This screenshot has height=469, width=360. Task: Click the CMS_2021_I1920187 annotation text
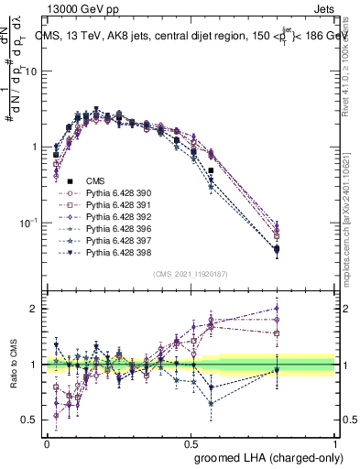pos(191,274)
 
